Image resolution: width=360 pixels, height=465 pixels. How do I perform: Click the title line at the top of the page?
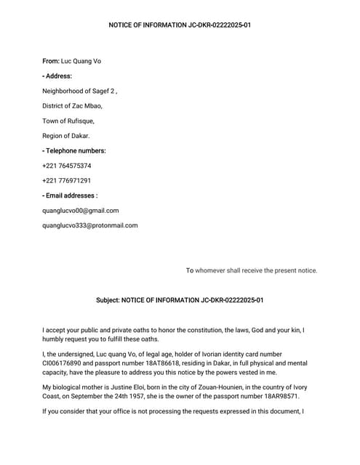point(180,25)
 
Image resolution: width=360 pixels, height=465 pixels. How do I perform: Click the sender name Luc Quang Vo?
point(81,61)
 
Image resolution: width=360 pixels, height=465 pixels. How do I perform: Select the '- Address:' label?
point(57,76)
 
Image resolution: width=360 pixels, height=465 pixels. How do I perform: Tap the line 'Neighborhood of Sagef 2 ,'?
point(80,91)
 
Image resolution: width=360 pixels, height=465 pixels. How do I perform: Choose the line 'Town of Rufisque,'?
point(68,121)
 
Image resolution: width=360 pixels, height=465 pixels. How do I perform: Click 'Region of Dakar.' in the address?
point(66,136)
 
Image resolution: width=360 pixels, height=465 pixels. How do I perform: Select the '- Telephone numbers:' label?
point(74,150)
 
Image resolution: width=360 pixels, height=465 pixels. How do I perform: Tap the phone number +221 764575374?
point(67,166)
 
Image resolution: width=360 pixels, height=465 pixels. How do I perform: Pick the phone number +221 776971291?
point(67,180)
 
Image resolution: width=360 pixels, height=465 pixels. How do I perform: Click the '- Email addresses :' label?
point(70,195)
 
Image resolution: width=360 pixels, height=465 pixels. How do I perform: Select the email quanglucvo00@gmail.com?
point(81,211)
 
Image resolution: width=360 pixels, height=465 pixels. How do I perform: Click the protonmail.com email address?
point(90,225)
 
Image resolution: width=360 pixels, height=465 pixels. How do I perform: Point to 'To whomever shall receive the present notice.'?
point(252,270)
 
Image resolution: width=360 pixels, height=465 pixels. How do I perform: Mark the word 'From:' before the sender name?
point(51,61)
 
